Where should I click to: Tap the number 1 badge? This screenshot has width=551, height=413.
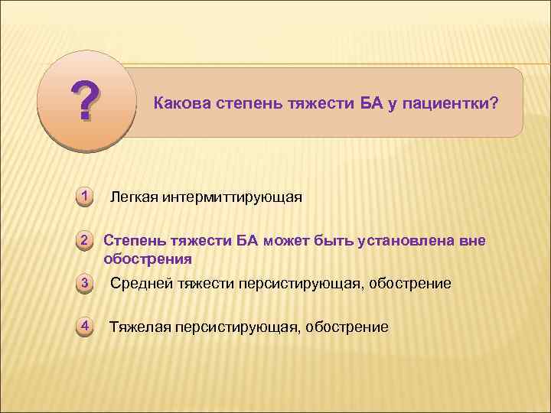pyautogui.click(x=86, y=196)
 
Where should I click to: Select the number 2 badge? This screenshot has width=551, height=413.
pyautogui.click(x=86, y=242)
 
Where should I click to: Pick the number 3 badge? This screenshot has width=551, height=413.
pyautogui.click(x=86, y=285)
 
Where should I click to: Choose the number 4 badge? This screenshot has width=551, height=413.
pyautogui.click(x=86, y=327)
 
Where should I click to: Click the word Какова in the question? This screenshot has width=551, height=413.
pyautogui.click(x=180, y=102)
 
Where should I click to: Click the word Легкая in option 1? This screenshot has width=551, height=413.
pyautogui.click(x=134, y=198)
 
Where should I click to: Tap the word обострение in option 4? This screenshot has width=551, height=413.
pyautogui.click(x=347, y=327)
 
